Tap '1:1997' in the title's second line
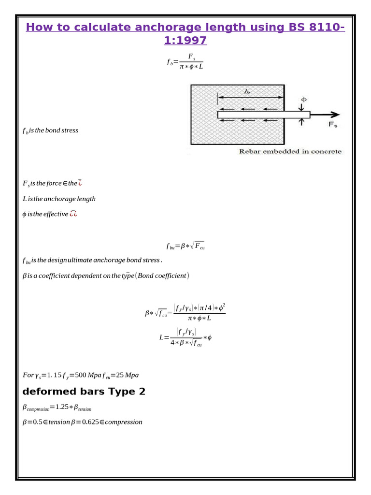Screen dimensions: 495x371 [185, 41]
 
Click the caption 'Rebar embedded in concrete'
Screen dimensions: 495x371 [290, 151]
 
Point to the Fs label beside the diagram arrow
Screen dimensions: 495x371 [333, 125]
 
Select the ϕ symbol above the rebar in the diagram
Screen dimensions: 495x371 [303, 100]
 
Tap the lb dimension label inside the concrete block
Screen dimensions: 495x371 [247, 91]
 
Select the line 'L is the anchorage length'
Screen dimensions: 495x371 [59, 199]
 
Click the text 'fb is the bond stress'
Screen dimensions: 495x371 [50, 131]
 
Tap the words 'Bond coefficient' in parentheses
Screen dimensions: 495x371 [162, 276]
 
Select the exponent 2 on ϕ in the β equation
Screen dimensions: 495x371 [224, 306]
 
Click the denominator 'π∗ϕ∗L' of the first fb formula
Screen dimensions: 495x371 [191, 66]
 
